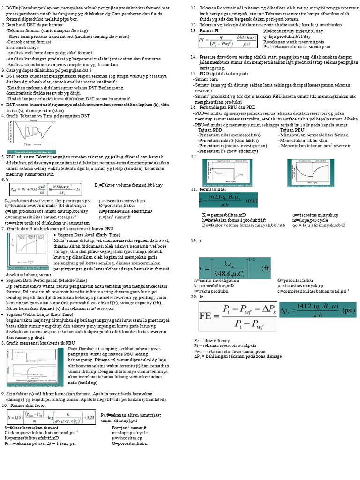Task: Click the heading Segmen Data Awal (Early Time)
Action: pyautogui.click(x=90, y=234)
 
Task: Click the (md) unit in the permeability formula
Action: pyautogui.click(x=251, y=200)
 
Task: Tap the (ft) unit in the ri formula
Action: pyautogui.click(x=265, y=269)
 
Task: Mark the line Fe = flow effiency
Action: pyautogui.click(x=212, y=340)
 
